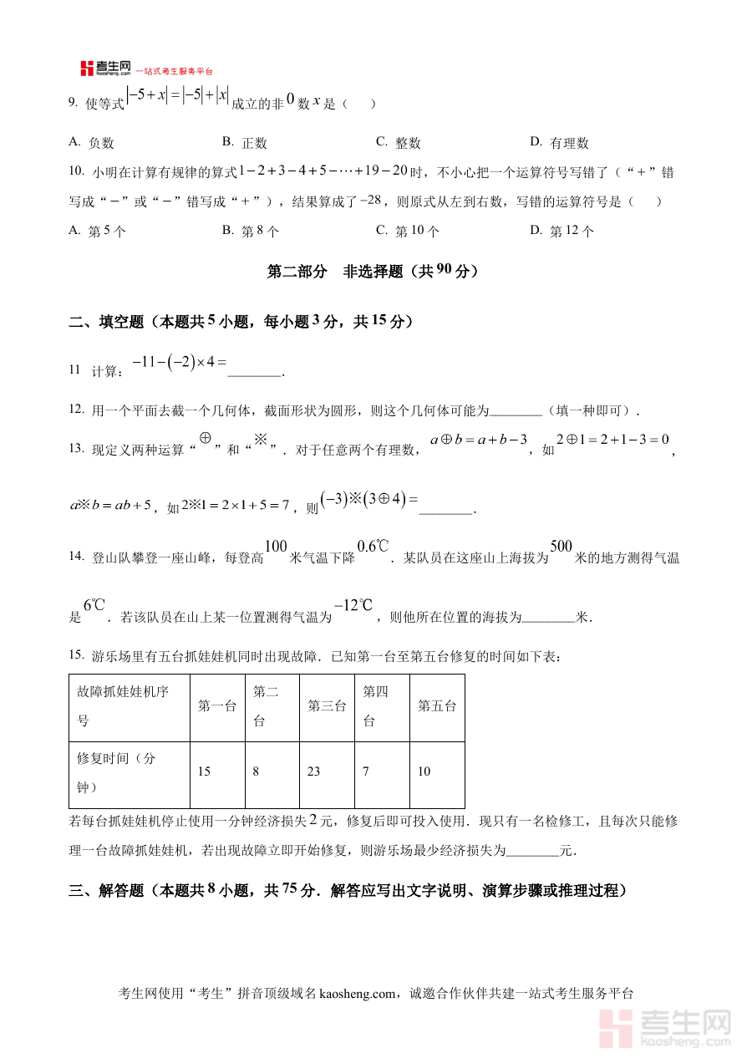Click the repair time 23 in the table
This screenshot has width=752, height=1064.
(314, 771)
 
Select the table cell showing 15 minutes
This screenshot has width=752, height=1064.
(205, 771)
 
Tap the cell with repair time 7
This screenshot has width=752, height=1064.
(366, 771)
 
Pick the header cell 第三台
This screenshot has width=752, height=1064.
(327, 706)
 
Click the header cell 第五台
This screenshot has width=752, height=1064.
(437, 706)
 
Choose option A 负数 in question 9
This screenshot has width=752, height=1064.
(92, 143)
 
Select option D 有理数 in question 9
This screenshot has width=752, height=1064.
(560, 143)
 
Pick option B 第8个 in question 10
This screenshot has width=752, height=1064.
(251, 232)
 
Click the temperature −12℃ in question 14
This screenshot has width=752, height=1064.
(352, 606)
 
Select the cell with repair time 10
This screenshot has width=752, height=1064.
(424, 771)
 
